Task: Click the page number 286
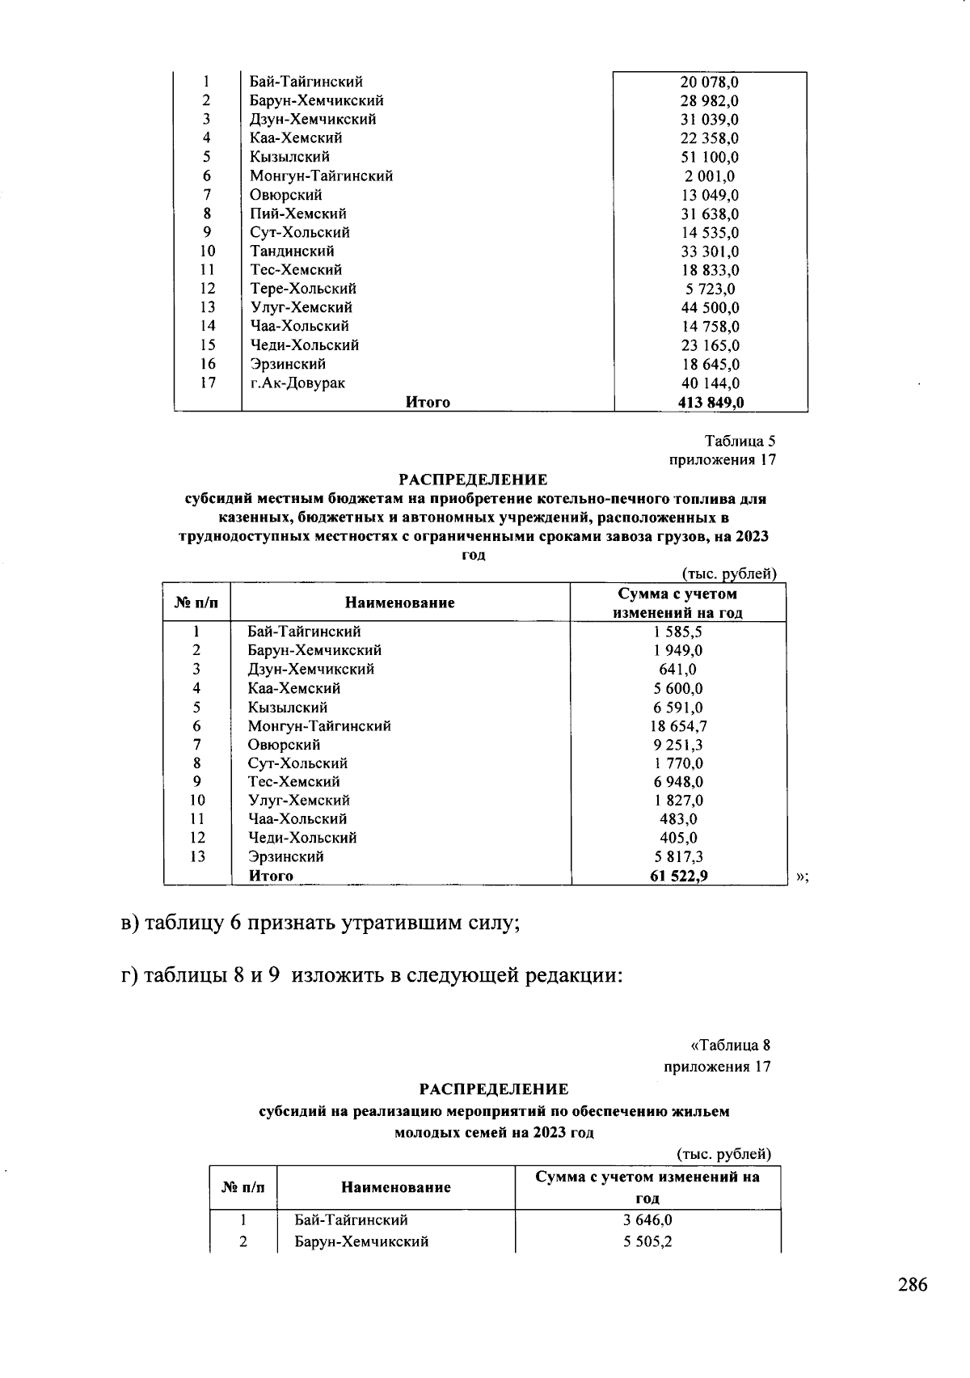pos(912,1285)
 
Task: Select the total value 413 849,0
pos(710,402)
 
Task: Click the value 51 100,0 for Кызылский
pos(710,157)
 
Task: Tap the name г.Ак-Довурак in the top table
pos(297,383)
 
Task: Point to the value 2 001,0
pos(710,175)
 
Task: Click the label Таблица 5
pos(740,442)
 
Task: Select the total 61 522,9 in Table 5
pos(678,875)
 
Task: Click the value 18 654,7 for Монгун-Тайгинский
pos(678,726)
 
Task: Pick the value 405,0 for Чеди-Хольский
pos(678,838)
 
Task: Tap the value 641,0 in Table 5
pos(678,670)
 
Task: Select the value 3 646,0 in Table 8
pos(647,1220)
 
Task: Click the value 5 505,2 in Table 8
pos(647,1241)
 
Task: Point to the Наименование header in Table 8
pos(395,1187)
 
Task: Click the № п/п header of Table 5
pos(196,602)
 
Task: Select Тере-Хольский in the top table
pos(303,289)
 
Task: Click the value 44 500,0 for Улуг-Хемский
pos(710,307)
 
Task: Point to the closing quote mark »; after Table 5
pos(801,877)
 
